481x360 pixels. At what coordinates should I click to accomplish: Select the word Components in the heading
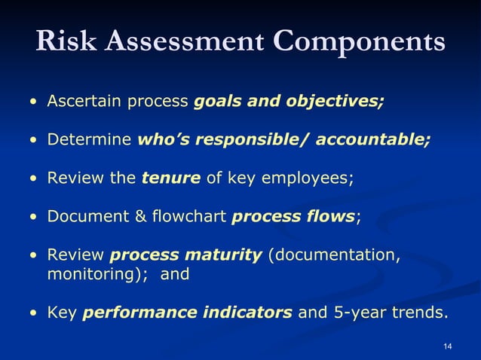(x=362, y=42)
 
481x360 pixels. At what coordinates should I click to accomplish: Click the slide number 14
(x=448, y=346)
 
